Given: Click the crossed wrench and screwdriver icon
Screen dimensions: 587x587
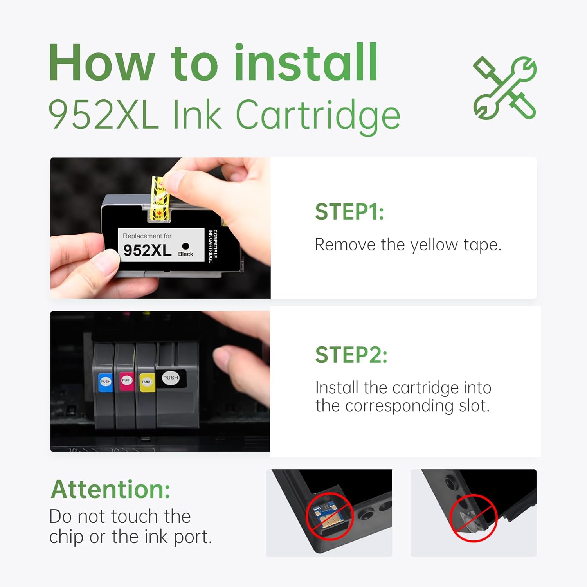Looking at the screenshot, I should point(505,88).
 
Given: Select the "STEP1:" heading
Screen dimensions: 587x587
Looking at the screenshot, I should point(349,212).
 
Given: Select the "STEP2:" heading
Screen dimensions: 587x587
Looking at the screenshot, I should point(351,355).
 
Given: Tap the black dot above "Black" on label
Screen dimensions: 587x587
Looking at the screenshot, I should point(185,246).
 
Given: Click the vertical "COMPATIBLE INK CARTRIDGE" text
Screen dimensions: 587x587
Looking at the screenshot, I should point(213,246).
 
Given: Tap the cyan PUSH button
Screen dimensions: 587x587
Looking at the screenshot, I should point(106,382).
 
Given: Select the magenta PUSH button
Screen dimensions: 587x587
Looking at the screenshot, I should point(127,380).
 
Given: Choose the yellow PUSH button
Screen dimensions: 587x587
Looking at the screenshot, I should point(147,382).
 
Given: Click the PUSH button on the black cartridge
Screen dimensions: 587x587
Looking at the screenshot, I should point(171,378).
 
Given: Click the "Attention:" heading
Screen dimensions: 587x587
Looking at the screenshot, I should point(111,489).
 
